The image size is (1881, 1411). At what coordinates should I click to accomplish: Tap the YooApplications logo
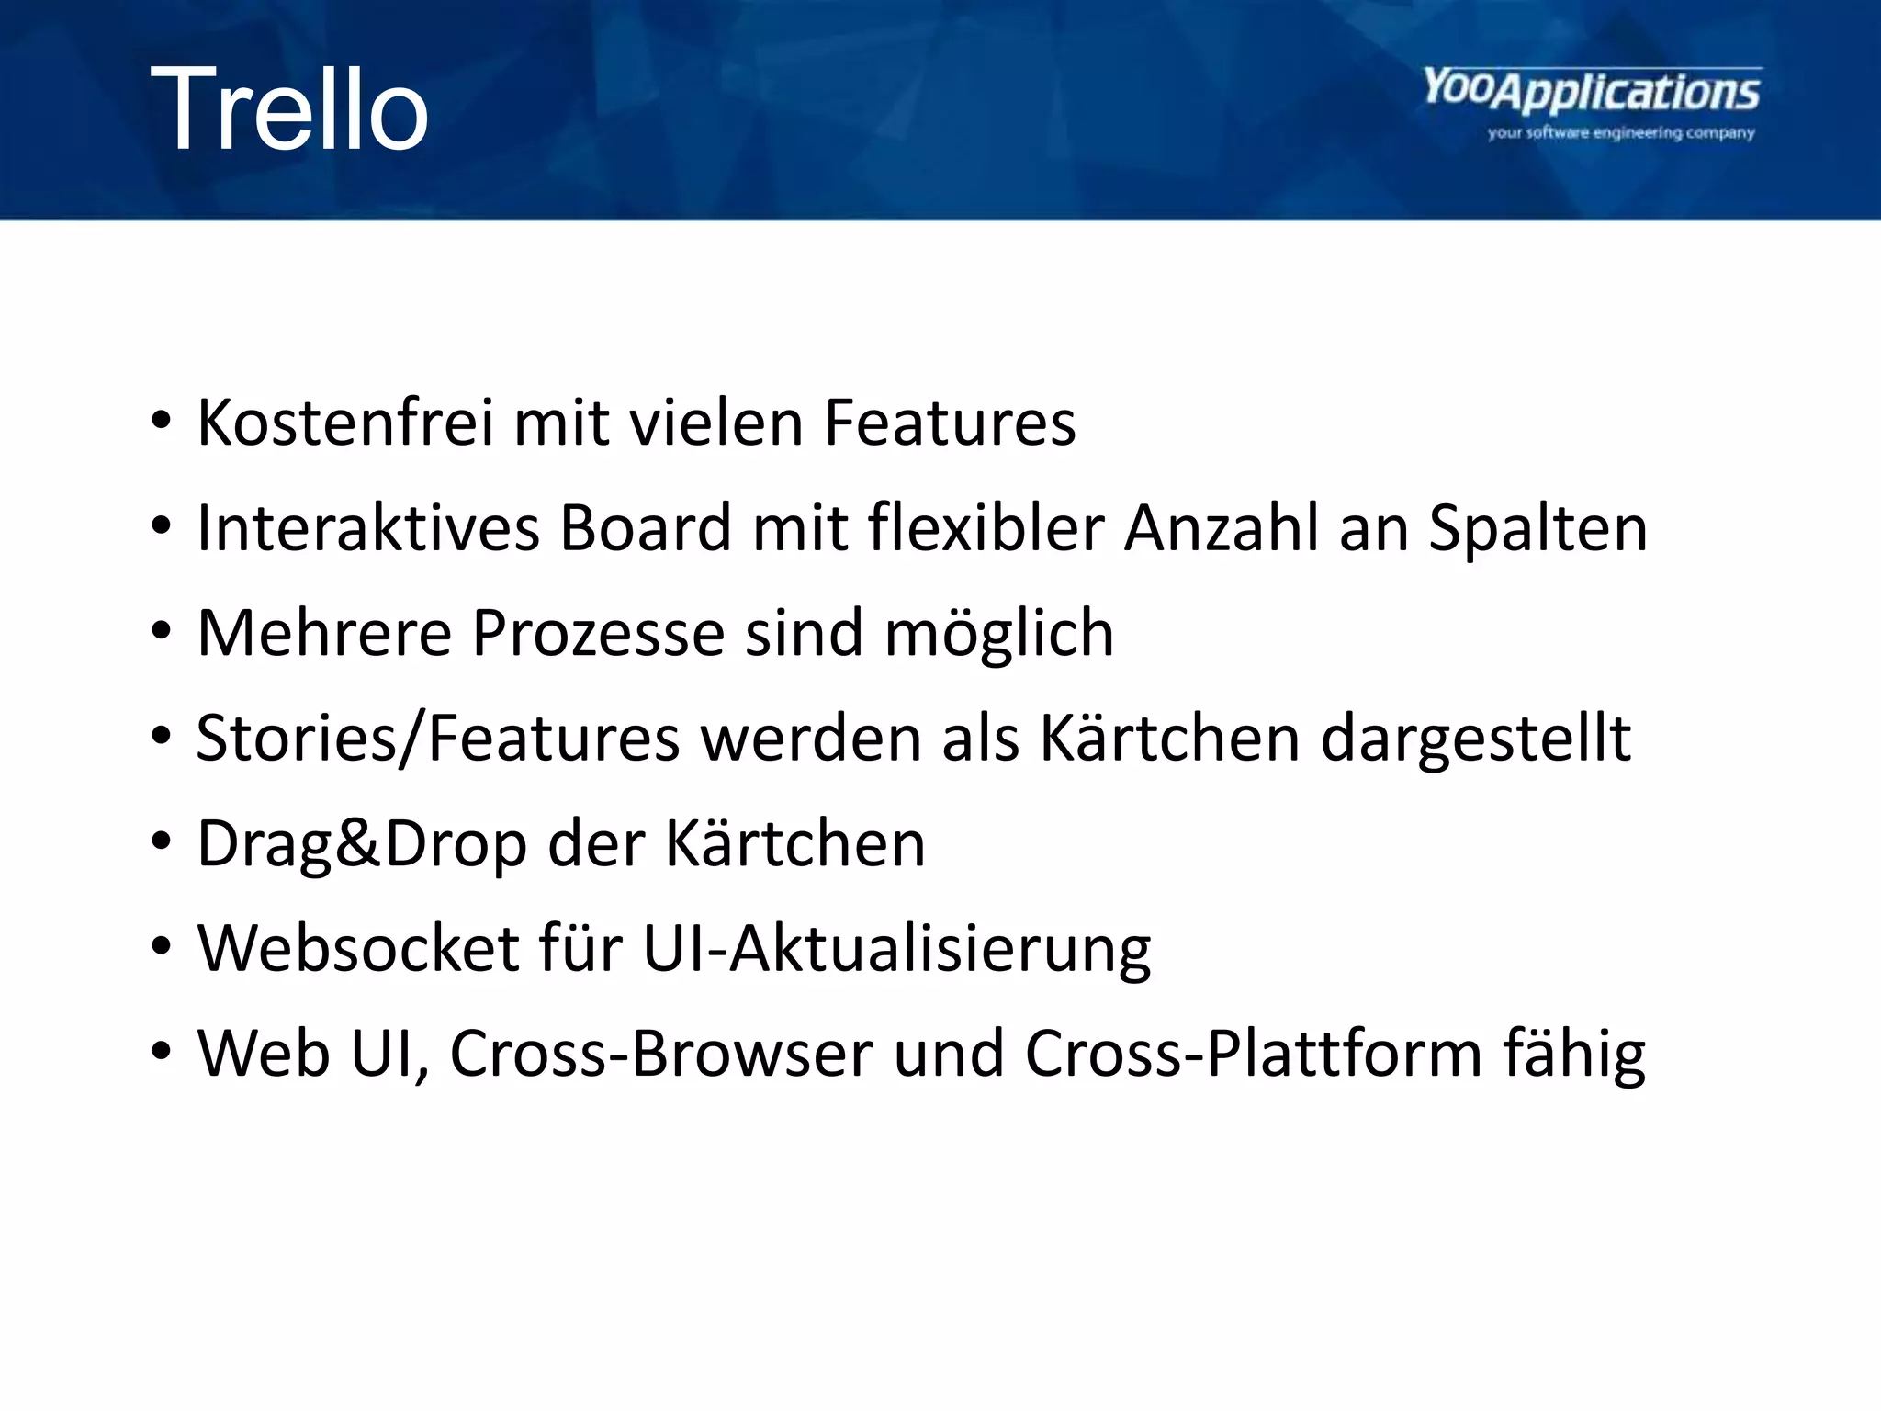tap(1592, 92)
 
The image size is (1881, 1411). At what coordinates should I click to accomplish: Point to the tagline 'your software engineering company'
tap(1621, 133)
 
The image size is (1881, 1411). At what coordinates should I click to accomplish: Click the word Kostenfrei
tap(344, 423)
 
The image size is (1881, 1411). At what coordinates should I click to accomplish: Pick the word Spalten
tap(1538, 528)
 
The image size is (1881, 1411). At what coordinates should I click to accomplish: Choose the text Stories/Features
tap(438, 739)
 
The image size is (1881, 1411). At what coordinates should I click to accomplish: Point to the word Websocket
tap(358, 948)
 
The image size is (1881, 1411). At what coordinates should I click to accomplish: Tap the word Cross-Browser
tap(660, 1053)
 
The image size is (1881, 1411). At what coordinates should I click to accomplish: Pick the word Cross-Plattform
tap(1253, 1053)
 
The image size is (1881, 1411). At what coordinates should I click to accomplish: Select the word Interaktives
tap(368, 528)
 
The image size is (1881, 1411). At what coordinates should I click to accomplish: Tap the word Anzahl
tap(1222, 528)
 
